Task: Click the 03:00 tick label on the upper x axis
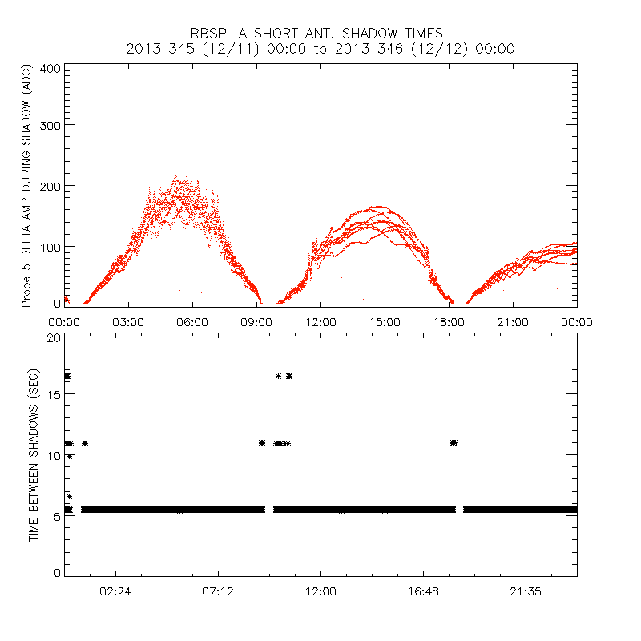click(x=128, y=321)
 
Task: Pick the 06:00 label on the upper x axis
click(x=192, y=321)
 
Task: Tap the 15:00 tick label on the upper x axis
click(x=385, y=321)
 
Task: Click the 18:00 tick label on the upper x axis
click(x=449, y=321)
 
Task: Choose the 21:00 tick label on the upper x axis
click(x=513, y=321)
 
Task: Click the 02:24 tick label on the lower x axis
click(x=115, y=592)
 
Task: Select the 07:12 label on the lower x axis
click(x=218, y=592)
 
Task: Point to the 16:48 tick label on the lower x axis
click(x=423, y=592)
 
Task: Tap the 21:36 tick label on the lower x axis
click(x=526, y=592)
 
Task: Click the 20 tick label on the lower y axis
click(x=54, y=338)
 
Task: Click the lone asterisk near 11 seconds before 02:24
click(x=84, y=443)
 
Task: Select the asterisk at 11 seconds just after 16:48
click(x=454, y=443)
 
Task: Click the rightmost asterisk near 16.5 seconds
click(x=289, y=376)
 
